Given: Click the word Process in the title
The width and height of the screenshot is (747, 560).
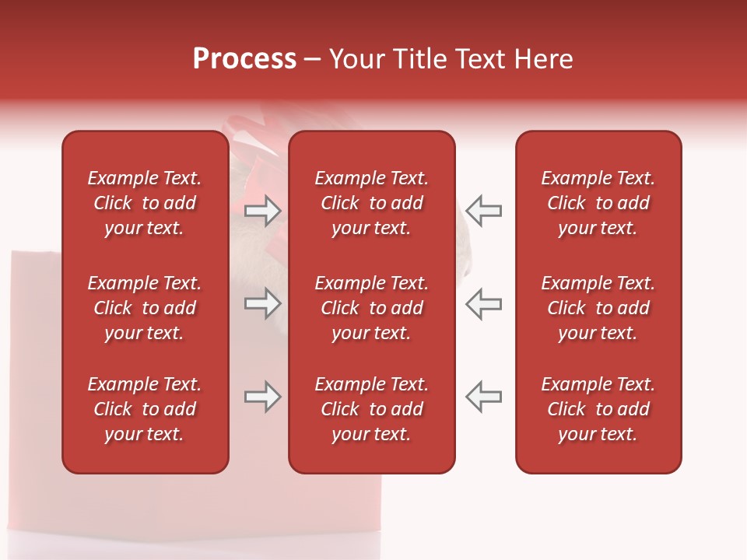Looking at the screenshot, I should pos(244,59).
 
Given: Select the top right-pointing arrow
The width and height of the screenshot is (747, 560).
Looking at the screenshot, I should pos(262,211).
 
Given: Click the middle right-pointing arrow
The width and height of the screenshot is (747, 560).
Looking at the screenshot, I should pos(262,303).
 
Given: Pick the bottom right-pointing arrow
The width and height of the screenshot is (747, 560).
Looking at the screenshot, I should pos(262,397).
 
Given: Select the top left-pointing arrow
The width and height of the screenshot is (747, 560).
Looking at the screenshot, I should pos(483,211).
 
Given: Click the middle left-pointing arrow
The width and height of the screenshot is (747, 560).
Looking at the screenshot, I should pos(483,303).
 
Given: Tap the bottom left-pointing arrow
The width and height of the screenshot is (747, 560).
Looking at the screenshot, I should pos(483,397).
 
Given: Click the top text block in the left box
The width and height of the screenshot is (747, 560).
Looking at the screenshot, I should pos(145,203).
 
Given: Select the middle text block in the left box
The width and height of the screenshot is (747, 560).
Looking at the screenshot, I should pos(145,308).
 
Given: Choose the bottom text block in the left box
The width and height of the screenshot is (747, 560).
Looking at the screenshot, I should pos(145,409).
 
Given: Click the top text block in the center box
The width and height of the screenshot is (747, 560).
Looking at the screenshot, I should pos(371,203).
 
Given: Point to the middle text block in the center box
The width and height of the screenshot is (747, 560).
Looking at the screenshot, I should pos(371,308).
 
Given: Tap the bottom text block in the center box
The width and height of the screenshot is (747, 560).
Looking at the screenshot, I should pos(371,409).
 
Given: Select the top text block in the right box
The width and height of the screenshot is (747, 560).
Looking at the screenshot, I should pos(598,203).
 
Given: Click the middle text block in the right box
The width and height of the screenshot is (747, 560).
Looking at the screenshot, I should pos(598,308).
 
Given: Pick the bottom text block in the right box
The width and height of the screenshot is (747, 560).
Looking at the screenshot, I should pos(598,409).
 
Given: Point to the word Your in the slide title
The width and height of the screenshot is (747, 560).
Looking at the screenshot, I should pos(356,59).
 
